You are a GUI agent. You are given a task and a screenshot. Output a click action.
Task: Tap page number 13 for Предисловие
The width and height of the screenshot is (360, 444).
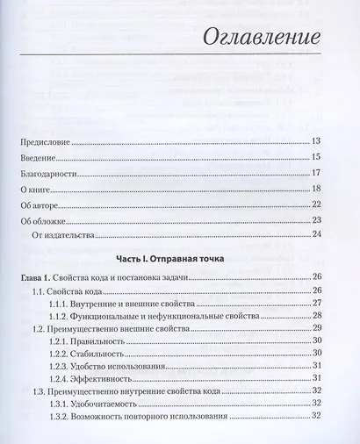tap(317, 141)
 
